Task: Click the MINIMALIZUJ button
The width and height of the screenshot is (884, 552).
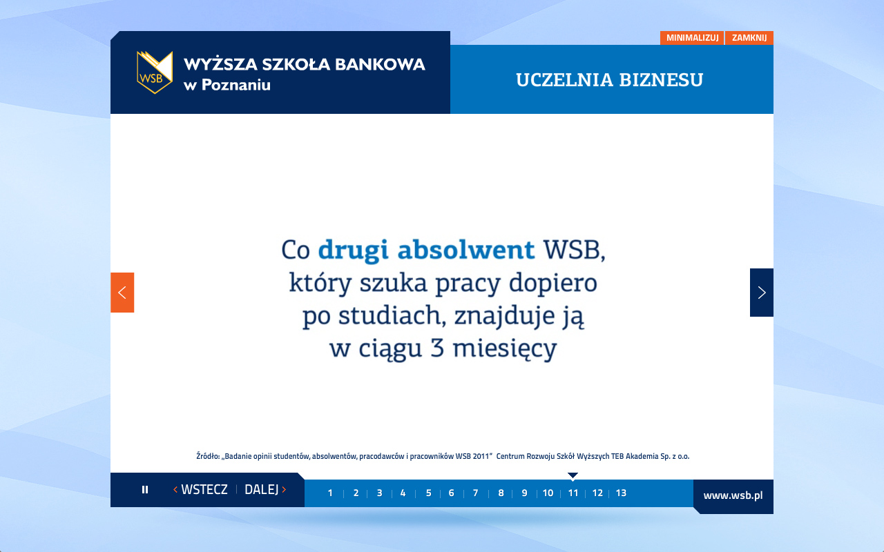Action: pos(692,38)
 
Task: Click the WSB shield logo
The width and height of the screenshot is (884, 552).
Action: pos(154,72)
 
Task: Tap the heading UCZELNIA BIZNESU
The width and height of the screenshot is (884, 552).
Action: pos(609,80)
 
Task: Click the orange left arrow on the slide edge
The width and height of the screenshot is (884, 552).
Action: pos(122,293)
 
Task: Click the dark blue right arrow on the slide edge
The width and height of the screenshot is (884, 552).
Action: pos(762,293)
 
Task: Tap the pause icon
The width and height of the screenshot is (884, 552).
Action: pos(145,490)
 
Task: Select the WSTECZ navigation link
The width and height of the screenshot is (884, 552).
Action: pos(203,490)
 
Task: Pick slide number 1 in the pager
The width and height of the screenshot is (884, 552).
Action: pos(330,493)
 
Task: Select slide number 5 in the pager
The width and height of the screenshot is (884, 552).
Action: pos(428,493)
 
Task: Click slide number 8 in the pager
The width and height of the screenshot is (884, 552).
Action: pos(501,493)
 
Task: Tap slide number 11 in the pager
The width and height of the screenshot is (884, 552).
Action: pos(573,493)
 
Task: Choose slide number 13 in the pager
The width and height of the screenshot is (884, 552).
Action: pos(621,493)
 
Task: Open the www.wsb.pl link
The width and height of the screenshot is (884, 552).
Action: pos(733,495)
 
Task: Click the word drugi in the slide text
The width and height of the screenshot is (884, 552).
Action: pos(354,250)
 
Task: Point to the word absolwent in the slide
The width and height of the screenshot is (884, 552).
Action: pos(466,250)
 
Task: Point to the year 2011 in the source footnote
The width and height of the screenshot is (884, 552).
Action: pos(481,456)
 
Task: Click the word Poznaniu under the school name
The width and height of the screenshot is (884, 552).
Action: pos(236,86)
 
